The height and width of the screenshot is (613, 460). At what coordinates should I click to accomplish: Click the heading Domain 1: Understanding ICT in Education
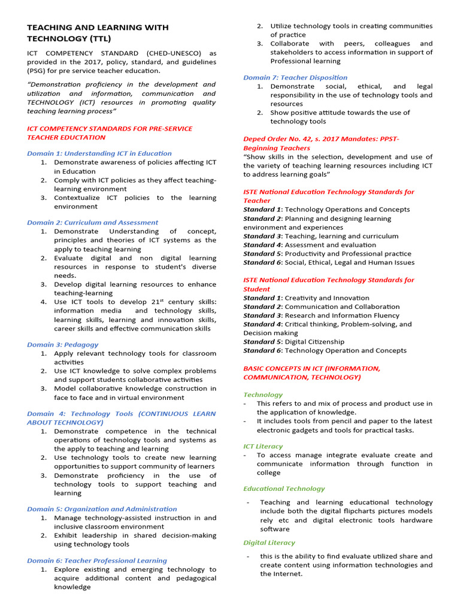pyautogui.click(x=99, y=153)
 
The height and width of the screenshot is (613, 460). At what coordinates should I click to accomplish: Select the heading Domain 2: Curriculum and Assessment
pyautogui.click(x=93, y=223)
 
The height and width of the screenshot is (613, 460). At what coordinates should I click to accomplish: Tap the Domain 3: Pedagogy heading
pyautogui.click(x=63, y=345)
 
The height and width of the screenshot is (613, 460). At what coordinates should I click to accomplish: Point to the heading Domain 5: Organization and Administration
pyautogui.click(x=102, y=509)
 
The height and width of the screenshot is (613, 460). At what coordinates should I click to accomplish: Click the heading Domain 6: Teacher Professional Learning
pyautogui.click(x=97, y=561)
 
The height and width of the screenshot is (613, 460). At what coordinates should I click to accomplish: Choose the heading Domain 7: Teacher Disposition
pyautogui.click(x=295, y=77)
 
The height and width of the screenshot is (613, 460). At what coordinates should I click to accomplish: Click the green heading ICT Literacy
pyautogui.click(x=263, y=447)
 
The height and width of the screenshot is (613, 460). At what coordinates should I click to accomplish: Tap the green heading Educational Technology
pyautogui.click(x=284, y=488)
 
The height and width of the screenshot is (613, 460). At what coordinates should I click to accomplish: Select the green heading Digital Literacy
pyautogui.click(x=269, y=543)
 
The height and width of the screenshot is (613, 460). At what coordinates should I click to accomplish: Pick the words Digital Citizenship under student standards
pyautogui.click(x=315, y=342)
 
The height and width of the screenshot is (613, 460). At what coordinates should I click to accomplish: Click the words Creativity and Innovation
pyautogui.click(x=327, y=298)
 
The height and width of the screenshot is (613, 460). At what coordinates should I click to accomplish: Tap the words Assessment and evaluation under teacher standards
pyautogui.click(x=331, y=245)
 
